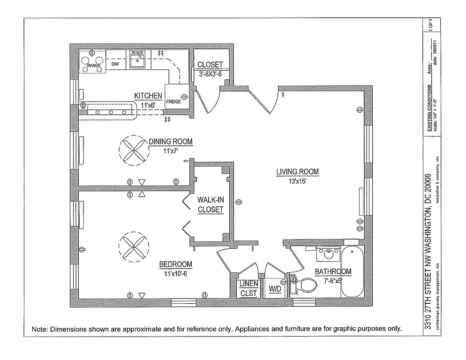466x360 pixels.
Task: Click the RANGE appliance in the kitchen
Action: (92, 61)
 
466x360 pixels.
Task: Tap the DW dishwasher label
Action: (115, 63)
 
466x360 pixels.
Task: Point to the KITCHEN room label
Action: (148, 96)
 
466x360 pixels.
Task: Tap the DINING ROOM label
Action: (171, 142)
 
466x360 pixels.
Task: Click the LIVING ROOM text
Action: (297, 172)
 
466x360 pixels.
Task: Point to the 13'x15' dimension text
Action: (297, 182)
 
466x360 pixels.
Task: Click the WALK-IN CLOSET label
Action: (210, 204)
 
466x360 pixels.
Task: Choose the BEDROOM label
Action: (176, 264)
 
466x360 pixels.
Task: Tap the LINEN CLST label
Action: (248, 289)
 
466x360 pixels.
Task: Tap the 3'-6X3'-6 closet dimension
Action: (210, 74)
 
